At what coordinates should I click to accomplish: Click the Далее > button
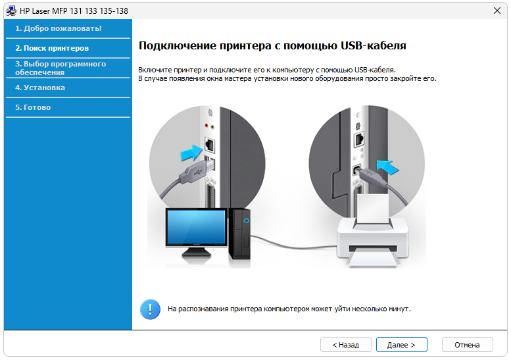(401, 345)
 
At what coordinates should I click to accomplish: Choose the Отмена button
(467, 345)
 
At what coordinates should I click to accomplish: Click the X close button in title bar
(497, 11)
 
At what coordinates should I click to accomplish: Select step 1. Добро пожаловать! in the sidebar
(59, 28)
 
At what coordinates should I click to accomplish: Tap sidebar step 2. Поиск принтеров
(52, 48)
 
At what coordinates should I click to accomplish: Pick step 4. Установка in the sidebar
(40, 88)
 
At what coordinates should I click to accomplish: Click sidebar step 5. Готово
(33, 107)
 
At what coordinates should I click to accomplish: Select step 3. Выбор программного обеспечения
(61, 68)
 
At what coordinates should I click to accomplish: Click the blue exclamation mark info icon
(150, 309)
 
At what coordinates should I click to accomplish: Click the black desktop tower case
(239, 234)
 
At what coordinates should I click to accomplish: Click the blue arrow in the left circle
(191, 153)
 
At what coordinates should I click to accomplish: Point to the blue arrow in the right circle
(387, 167)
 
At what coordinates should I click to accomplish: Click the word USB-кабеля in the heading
(374, 45)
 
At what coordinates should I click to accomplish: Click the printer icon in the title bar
(11, 11)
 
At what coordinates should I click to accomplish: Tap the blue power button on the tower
(247, 220)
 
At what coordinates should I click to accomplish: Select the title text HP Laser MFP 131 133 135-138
(74, 11)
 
